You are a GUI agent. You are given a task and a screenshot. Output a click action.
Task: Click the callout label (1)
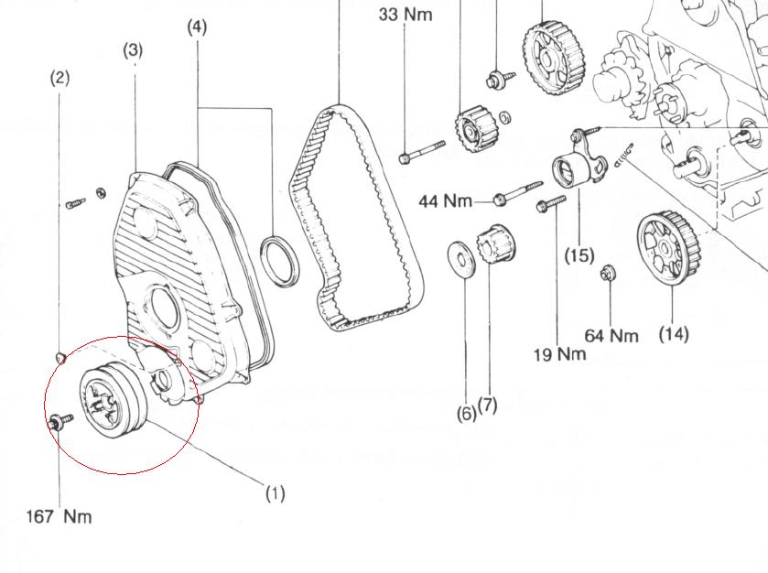tap(276, 493)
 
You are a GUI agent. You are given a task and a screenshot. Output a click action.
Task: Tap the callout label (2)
tap(59, 78)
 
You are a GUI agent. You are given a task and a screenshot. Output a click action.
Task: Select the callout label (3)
tap(134, 50)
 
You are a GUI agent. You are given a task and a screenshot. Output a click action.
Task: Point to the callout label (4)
tap(197, 27)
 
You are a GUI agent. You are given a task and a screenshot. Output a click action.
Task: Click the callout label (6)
tap(466, 414)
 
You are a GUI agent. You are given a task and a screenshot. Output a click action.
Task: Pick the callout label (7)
tap(487, 404)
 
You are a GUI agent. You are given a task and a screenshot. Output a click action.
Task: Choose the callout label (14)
tap(673, 334)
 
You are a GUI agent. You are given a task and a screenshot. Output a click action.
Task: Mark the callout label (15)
tap(579, 254)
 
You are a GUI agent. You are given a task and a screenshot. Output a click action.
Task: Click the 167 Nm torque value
tap(59, 516)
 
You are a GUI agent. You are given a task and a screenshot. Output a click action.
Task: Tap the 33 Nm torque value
tap(405, 15)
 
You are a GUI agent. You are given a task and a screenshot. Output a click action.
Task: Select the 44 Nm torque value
tap(446, 200)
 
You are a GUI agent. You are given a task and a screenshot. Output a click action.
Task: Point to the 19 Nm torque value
tap(559, 353)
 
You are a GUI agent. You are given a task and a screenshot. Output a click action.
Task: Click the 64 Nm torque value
tap(611, 335)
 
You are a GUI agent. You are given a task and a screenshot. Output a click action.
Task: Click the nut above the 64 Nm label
tap(606, 273)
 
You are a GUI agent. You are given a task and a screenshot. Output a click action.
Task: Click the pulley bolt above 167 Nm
tap(60, 421)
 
